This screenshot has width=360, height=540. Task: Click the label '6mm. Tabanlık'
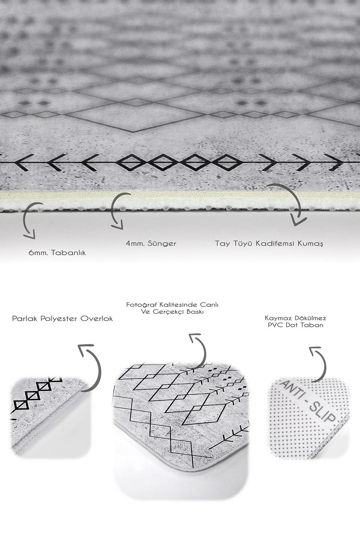(57, 253)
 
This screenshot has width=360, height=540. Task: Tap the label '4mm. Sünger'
(151, 243)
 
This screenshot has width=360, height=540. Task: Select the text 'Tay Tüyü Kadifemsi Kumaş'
(269, 243)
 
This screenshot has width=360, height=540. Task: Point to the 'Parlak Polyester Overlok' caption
(62, 319)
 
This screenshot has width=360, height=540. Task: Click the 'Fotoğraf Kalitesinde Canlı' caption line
(172, 304)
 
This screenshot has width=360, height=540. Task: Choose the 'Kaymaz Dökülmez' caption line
(295, 318)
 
